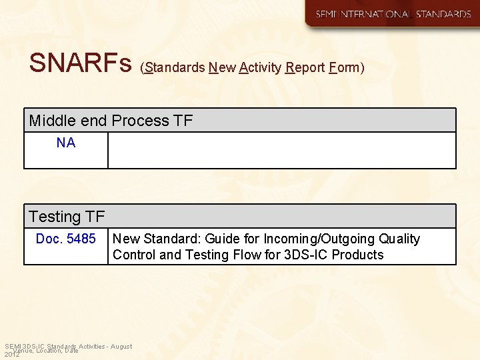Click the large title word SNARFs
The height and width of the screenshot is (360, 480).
click(x=81, y=63)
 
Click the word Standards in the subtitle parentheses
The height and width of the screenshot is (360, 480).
click(x=174, y=67)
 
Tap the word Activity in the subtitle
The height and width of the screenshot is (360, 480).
click(x=259, y=67)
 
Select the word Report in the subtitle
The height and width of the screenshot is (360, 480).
click(x=305, y=67)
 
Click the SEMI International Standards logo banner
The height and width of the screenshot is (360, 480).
click(x=392, y=14)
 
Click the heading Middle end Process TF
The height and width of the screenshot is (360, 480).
click(x=111, y=121)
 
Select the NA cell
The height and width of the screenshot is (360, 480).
click(x=66, y=143)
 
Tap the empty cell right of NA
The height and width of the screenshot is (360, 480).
click(x=281, y=150)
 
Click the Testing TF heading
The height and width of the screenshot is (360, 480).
click(x=67, y=217)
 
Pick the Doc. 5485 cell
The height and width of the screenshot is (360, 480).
click(x=66, y=239)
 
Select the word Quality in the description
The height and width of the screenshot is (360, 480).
click(x=399, y=239)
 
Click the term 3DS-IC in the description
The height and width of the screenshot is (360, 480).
click(x=306, y=255)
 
